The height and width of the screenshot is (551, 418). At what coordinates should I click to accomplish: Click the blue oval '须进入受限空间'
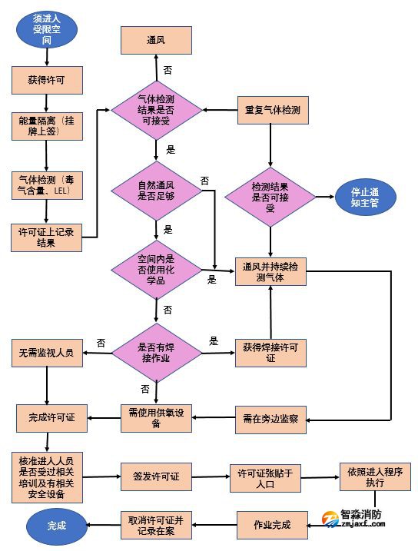click(x=48, y=28)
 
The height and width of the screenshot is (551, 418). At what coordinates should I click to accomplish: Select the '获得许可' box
click(x=46, y=78)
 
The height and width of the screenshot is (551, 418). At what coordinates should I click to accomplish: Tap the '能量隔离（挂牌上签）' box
click(x=46, y=126)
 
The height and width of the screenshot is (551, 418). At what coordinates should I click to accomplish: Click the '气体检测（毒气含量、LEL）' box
click(x=46, y=185)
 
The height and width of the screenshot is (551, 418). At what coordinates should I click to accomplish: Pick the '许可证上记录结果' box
click(x=46, y=237)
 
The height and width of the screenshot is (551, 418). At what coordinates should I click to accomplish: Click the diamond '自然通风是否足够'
click(x=156, y=190)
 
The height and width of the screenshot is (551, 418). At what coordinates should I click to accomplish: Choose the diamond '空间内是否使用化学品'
click(x=156, y=269)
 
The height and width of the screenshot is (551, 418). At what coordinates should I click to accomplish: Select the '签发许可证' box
click(x=156, y=477)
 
